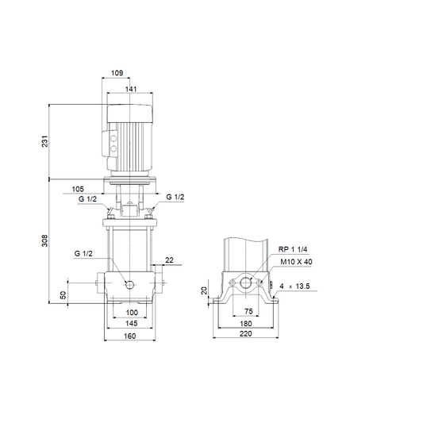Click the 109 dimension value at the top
tap(117, 73)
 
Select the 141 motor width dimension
tap(131, 89)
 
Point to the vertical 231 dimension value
tap(44, 141)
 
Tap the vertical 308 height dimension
tap(44, 240)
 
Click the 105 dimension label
tap(78, 189)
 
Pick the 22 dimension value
tap(169, 260)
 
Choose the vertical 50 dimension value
tap(63, 295)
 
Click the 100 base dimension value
tap(132, 313)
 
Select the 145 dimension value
tap(132, 323)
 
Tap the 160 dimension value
tap(130, 336)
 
